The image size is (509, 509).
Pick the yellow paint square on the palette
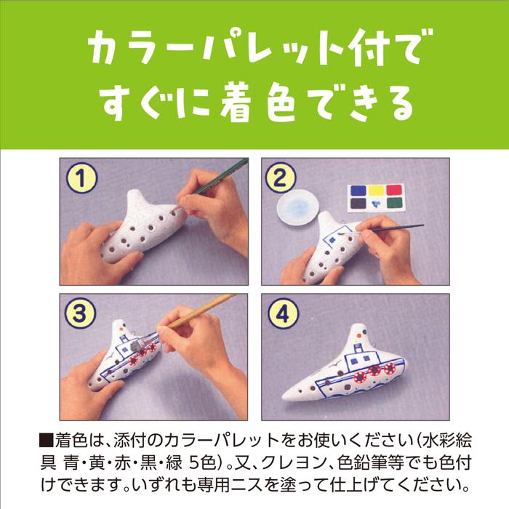pyautogui.click(x=377, y=191)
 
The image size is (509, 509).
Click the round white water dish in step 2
pyautogui.click(x=300, y=210)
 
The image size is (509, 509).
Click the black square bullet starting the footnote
pyautogui.click(x=43, y=441)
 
